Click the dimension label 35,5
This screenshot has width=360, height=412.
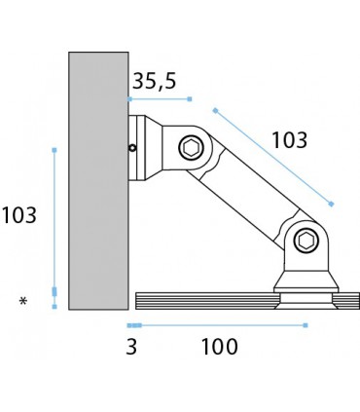click(x=154, y=82)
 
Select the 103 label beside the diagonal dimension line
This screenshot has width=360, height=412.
click(x=289, y=140)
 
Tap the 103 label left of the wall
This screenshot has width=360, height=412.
click(x=19, y=215)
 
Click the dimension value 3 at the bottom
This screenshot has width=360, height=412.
click(x=130, y=346)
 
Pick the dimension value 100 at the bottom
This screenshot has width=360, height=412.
click(x=219, y=346)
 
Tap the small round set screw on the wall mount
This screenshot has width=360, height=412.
click(x=132, y=148)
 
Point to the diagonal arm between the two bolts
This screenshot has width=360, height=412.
click(x=248, y=195)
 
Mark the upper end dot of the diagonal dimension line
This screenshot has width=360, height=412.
click(x=214, y=110)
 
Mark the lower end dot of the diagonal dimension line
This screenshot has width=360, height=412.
click(x=332, y=204)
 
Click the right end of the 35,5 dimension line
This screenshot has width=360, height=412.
click(x=191, y=99)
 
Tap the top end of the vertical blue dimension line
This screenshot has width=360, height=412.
click(x=54, y=150)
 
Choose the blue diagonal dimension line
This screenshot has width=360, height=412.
click(x=272, y=157)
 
